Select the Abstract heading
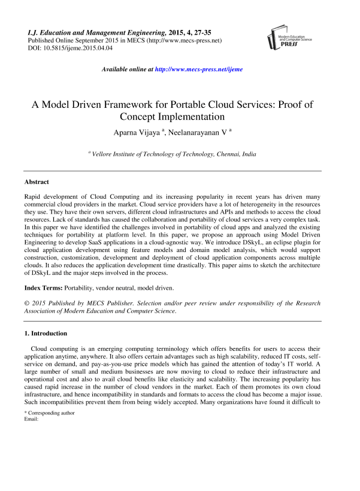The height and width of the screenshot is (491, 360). click(37, 181)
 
